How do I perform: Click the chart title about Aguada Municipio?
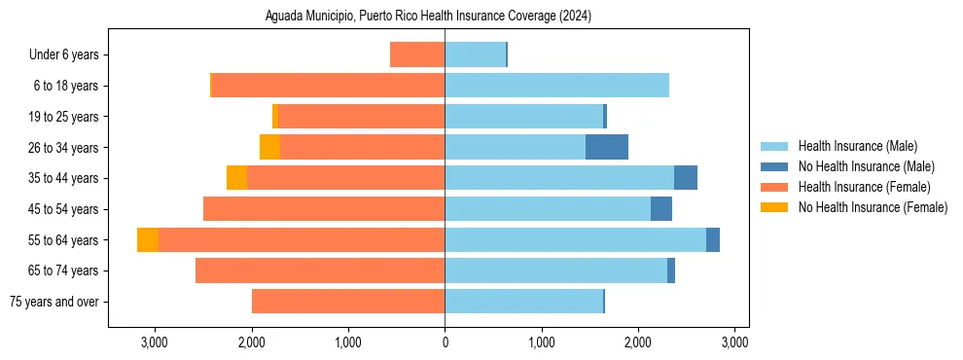(428, 17)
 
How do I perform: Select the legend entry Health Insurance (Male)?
(856, 147)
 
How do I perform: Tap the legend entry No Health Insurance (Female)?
(873, 207)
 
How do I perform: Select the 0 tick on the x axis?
(445, 342)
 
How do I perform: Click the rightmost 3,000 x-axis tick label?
(734, 342)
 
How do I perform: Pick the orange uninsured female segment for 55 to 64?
(148, 240)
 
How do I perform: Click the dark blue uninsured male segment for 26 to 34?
(607, 148)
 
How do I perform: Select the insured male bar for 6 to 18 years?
(556, 86)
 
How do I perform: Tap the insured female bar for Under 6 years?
(417, 55)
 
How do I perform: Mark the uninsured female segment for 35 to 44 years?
(236, 178)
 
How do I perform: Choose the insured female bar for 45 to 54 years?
(324, 209)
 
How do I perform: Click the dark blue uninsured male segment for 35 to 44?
(686, 178)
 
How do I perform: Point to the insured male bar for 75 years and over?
(523, 302)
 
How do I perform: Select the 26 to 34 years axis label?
(65, 148)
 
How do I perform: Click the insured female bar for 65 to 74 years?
(320, 270)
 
